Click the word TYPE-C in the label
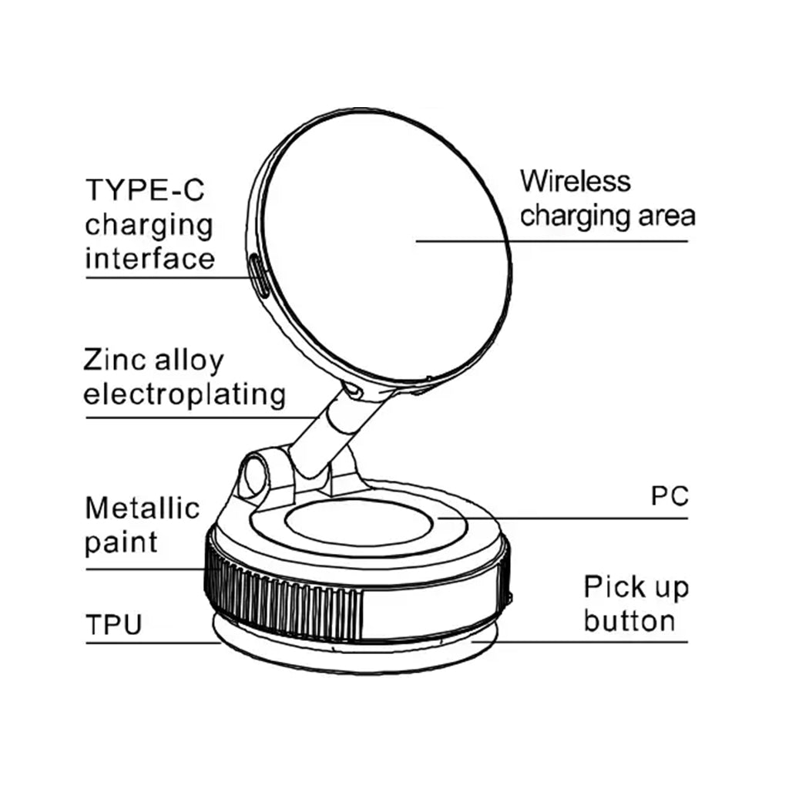click(145, 190)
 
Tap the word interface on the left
click(149, 258)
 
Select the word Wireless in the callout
click(575, 182)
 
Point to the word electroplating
click(184, 394)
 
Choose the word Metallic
click(143, 508)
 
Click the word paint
click(121, 542)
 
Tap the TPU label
click(114, 624)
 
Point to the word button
click(629, 620)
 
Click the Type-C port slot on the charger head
click(260, 277)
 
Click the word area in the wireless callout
click(665, 216)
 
